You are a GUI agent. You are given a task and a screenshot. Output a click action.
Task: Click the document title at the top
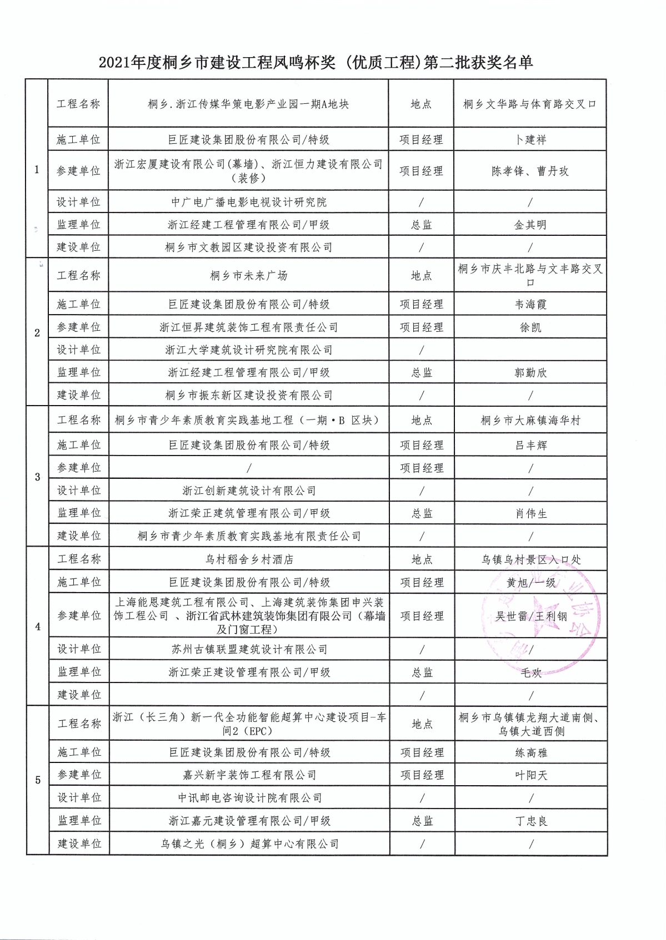[316, 63]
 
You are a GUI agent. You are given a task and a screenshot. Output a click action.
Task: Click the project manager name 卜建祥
[530, 140]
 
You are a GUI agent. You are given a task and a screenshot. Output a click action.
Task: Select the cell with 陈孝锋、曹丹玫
[530, 171]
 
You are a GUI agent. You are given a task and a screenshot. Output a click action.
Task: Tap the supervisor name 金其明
[530, 225]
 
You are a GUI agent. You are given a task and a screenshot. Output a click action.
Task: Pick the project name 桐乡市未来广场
[248, 276]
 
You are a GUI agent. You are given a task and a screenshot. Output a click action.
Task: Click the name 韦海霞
[530, 305]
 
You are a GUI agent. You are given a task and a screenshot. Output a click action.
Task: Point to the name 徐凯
[530, 327]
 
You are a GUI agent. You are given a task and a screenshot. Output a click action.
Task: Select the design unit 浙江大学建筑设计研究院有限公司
[248, 350]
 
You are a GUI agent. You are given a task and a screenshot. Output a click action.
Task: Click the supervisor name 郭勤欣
[530, 373]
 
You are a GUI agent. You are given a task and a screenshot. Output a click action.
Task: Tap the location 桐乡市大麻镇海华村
[530, 421]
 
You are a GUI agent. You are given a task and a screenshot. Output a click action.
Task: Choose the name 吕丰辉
[531, 446]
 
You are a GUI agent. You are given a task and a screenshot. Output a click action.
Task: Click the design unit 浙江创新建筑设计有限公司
[249, 491]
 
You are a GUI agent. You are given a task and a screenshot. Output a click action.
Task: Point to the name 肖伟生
[531, 514]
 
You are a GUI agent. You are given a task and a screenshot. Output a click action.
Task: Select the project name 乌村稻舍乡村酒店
[249, 559]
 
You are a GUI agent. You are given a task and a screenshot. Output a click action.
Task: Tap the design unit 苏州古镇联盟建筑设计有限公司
[249, 649]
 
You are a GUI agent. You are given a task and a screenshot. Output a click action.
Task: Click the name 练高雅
[531, 753]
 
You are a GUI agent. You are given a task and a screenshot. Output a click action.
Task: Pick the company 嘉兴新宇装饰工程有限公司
[249, 775]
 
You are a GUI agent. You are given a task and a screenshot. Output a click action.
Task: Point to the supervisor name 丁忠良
[531, 821]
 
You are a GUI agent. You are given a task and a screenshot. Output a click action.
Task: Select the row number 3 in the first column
[38, 477]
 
